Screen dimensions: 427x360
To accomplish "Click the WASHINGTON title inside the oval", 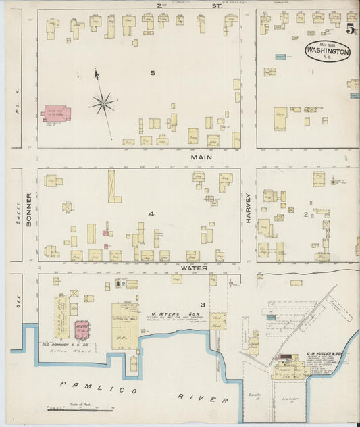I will pyautogui.click(x=328, y=51).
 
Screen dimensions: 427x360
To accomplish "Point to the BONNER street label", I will pyautogui.click(x=29, y=209).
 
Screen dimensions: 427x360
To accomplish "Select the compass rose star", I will pyautogui.click(x=103, y=103).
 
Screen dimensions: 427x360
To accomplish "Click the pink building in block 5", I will pyautogui.click(x=57, y=113).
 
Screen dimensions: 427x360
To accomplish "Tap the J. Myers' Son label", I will pyautogui.click(x=170, y=314).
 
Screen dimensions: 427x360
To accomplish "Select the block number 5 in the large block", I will pyautogui.click(x=153, y=72).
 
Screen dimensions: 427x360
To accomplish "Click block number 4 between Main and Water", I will pyautogui.click(x=152, y=214).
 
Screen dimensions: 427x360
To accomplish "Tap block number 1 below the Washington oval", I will pyautogui.click(x=313, y=71).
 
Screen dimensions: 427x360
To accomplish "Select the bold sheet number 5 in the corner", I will pyautogui.click(x=350, y=29).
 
